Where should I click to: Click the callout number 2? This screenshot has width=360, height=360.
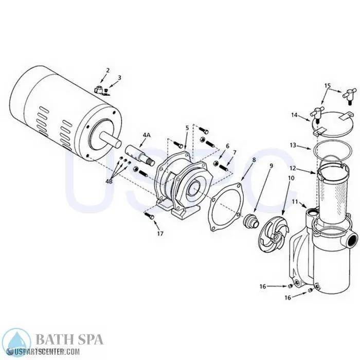coord(107,70)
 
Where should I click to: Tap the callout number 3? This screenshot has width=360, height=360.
coord(119,78)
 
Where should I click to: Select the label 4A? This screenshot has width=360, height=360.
coord(146,135)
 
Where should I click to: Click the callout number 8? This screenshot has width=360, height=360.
coord(254,160)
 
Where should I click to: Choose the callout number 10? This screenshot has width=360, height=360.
coord(291,177)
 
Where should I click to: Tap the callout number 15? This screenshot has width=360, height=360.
coord(328,85)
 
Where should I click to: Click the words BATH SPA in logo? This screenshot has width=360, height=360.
coord(69,340)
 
